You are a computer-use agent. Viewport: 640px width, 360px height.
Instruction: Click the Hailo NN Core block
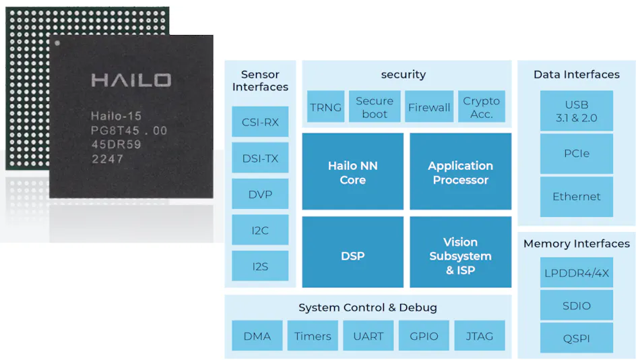tap(352, 173)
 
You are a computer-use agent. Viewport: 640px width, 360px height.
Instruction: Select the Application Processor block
tap(460, 173)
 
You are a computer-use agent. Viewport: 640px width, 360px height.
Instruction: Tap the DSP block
tap(352, 256)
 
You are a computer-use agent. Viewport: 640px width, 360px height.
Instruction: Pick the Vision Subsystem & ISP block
tap(460, 256)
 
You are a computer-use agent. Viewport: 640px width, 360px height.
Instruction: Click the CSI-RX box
tap(260, 123)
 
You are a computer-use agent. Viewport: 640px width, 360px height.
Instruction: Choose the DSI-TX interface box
tap(260, 159)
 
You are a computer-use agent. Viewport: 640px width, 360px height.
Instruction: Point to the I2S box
tap(260, 266)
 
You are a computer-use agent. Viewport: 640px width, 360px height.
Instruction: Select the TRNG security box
tap(325, 107)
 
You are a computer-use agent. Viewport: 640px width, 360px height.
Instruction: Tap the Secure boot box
tap(375, 107)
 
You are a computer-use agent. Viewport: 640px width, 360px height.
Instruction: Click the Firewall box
tap(429, 107)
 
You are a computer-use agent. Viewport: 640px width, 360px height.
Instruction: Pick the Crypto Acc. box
tap(482, 107)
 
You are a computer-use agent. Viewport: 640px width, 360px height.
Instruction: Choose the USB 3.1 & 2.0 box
tap(577, 111)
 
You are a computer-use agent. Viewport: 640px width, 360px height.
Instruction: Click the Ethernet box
tap(577, 197)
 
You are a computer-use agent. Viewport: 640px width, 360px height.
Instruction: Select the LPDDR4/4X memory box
tap(577, 273)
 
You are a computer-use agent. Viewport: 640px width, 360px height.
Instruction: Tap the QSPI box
tap(577, 338)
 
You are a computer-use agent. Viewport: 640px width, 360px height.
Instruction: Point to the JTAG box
tap(480, 336)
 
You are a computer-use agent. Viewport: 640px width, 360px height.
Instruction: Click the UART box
tap(368, 336)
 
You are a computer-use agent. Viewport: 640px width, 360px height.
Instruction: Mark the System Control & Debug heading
tap(368, 307)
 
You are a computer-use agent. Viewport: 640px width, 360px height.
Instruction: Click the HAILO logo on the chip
tap(131, 80)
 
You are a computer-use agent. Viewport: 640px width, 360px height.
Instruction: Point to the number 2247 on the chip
tap(107, 159)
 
